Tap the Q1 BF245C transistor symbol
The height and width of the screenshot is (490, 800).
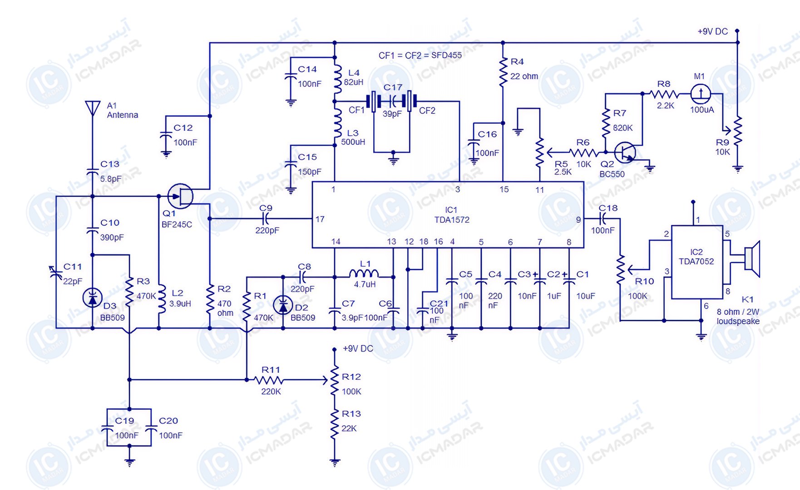click(181, 196)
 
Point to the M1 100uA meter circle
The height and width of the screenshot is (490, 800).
click(701, 94)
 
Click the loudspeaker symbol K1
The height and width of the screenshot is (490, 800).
click(752, 259)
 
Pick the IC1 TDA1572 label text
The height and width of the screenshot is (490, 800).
click(451, 215)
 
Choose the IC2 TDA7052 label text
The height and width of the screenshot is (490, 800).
click(696, 257)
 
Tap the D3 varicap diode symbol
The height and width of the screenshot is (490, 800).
click(93, 298)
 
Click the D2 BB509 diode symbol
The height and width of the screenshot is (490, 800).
click(283, 305)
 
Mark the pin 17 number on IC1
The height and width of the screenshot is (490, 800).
click(320, 219)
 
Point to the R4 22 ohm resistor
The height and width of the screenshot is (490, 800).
click(503, 72)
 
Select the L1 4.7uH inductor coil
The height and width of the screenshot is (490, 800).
click(364, 273)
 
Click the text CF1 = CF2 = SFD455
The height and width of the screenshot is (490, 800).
click(420, 55)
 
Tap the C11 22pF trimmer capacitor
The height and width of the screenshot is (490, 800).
click(56, 273)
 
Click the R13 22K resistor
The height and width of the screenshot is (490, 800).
click(334, 424)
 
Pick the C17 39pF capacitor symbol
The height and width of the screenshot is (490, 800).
click(393, 101)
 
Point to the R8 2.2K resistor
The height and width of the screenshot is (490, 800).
click(664, 94)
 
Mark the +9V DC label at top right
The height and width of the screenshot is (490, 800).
click(712, 32)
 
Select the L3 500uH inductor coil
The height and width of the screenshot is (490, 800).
click(337, 123)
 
